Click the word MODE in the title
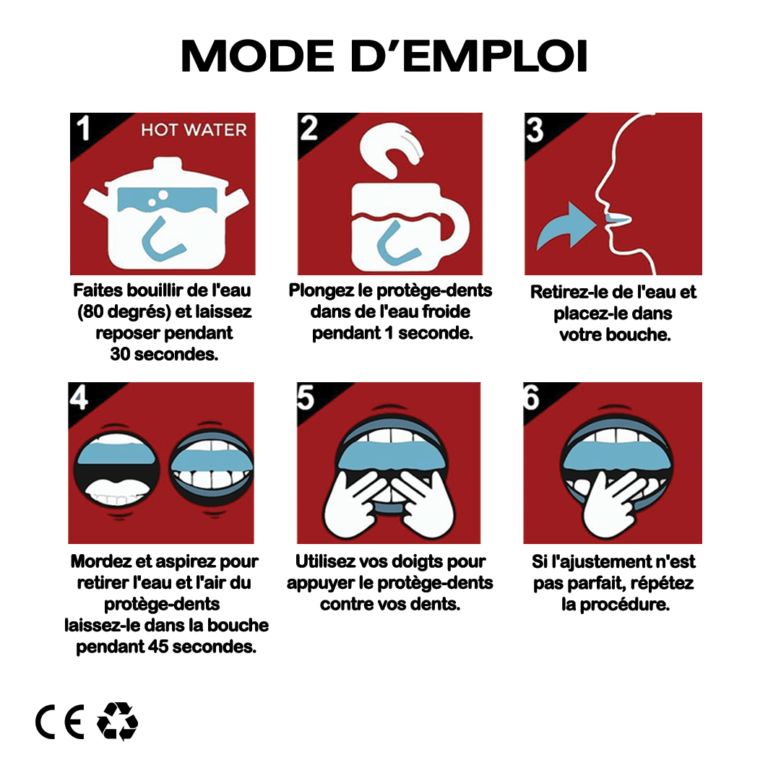tap(258, 56)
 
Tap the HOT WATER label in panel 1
tap(194, 130)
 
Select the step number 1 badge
tap(83, 129)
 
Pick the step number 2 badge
tap(309, 129)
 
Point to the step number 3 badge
tap(535, 129)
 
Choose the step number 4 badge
tap(78, 397)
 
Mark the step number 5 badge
tap(306, 397)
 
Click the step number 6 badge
tap(531, 397)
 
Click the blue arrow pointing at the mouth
tap(566, 226)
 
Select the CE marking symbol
tap(60, 722)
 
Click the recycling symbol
tap(118, 721)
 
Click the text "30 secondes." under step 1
tap(164, 354)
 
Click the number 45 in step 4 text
tap(158, 647)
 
